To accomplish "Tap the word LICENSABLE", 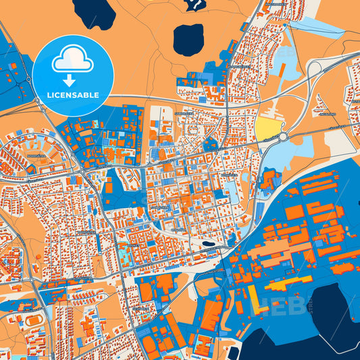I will tap(72, 95).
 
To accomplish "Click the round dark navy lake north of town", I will tap(188, 40).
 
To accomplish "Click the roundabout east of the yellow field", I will tap(282, 136).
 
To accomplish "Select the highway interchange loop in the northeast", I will tap(317, 68).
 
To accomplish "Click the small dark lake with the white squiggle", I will tap(195, 5).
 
